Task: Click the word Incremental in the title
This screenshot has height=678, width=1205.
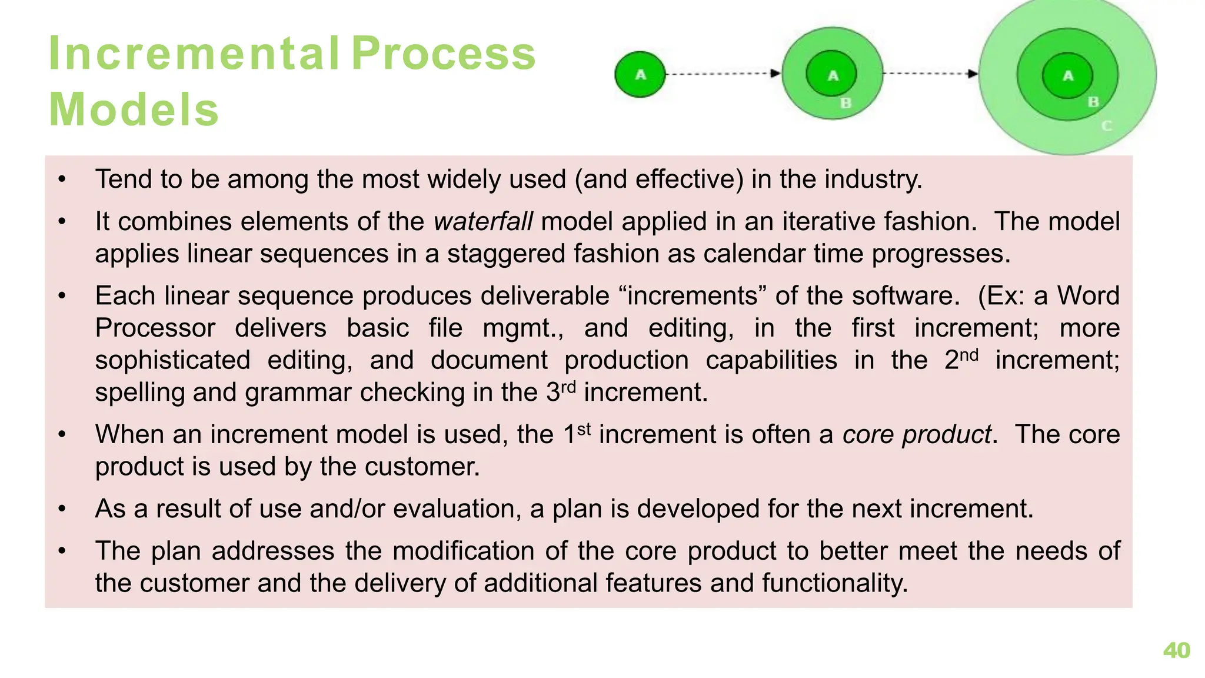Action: [194, 54]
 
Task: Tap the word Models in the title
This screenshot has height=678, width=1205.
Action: [134, 110]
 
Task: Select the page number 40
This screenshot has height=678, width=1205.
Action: [1176, 650]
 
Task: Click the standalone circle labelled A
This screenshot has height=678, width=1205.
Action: [640, 75]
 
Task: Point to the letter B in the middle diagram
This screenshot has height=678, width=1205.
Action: [846, 104]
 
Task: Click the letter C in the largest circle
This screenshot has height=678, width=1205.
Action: [1106, 126]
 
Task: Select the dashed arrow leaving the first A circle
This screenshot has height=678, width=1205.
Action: [723, 74]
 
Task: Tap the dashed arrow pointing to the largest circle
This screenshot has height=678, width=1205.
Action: [930, 74]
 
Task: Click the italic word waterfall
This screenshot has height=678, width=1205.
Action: [483, 222]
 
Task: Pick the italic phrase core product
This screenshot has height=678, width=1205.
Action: [917, 435]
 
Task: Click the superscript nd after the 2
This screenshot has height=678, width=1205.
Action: [969, 355]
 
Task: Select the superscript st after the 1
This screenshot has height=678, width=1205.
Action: [583, 429]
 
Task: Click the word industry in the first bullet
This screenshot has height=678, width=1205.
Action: [873, 180]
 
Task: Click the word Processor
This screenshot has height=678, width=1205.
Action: [155, 328]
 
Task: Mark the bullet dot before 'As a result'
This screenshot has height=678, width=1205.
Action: [62, 509]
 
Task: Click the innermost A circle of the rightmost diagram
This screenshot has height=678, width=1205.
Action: [1067, 75]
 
